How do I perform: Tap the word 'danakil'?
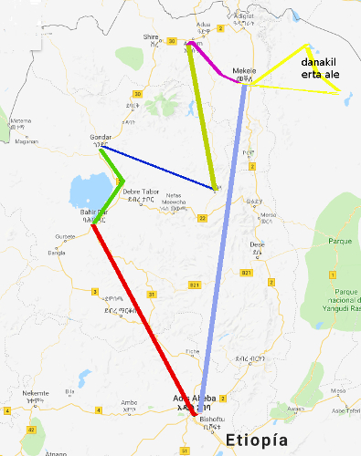coord(320,62)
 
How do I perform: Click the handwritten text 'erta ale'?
coord(320,75)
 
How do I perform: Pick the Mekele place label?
coord(243,70)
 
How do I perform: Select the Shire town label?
coord(151,37)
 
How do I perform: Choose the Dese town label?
coord(258,244)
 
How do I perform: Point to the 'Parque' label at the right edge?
coord(340,241)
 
